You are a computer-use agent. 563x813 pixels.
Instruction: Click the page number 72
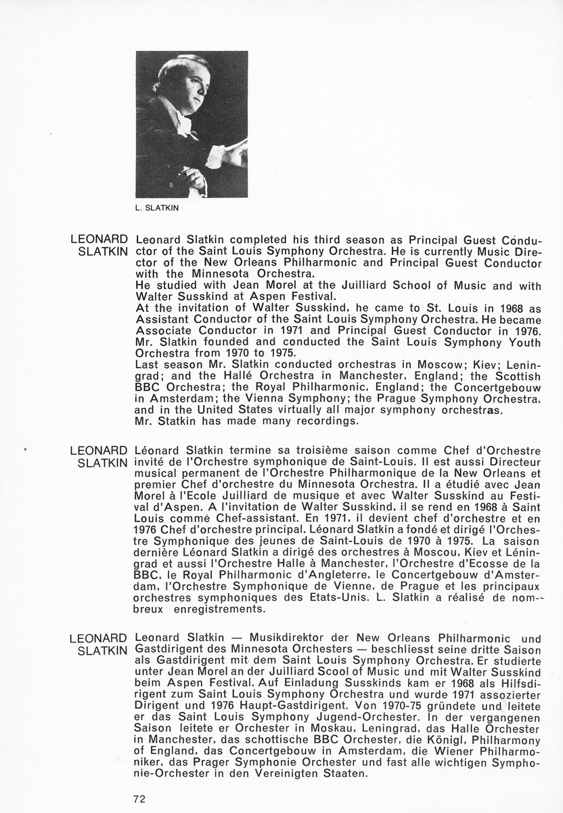click(x=139, y=798)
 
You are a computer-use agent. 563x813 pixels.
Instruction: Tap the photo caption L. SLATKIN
click(x=160, y=209)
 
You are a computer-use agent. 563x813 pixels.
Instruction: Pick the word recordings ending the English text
click(x=330, y=421)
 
